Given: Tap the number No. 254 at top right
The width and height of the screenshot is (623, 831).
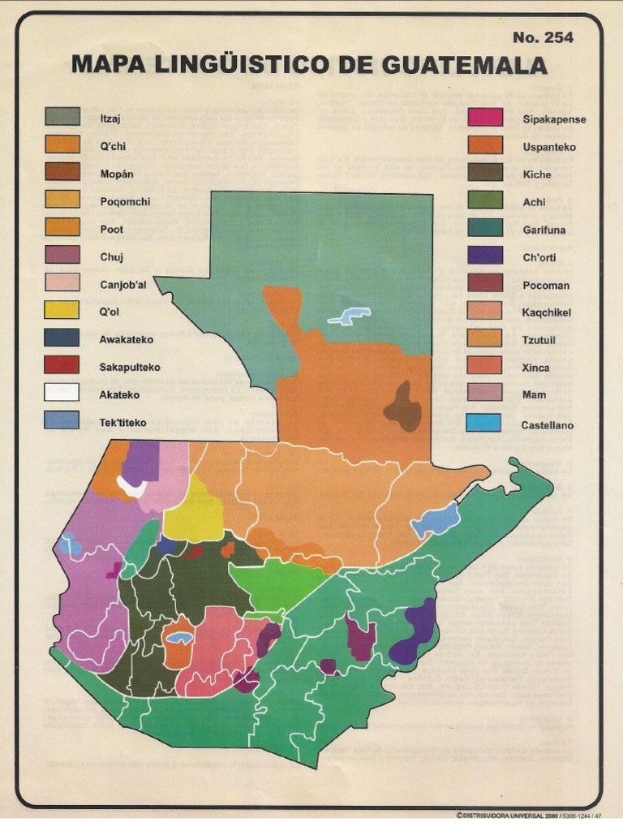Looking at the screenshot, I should coord(543,37).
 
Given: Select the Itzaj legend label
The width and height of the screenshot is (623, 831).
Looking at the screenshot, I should coord(110,118).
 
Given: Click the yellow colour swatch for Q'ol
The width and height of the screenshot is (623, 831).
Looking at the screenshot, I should coord(62,310).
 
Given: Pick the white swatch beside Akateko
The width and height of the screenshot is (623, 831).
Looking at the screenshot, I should coord(62,393).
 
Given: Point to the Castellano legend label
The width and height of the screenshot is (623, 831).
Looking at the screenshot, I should coord(547,424).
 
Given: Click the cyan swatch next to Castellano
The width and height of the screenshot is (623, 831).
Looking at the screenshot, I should coord(484,423).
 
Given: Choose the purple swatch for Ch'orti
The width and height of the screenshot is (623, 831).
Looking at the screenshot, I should coord(484,256).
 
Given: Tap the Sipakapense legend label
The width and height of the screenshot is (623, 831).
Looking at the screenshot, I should coord(554,119).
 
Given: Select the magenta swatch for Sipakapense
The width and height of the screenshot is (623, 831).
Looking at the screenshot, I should coord(484,118).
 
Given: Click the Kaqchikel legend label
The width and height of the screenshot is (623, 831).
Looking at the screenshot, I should coord(547,312).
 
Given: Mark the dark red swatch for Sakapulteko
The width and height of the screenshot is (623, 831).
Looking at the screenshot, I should coord(62,365).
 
